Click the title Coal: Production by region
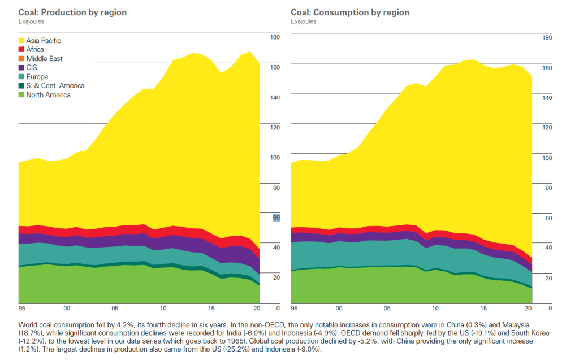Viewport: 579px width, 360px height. (72, 12)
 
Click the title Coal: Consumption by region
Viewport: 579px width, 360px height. (350, 12)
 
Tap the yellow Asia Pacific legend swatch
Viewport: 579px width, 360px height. (21, 41)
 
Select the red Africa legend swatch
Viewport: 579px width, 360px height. (21, 50)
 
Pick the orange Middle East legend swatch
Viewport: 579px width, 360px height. (21, 59)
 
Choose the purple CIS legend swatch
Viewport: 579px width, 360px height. (21, 68)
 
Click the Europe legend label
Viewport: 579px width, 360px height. (37, 77)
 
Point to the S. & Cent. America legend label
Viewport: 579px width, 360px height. (55, 86)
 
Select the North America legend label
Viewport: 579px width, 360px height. (48, 95)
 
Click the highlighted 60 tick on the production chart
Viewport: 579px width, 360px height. (276, 218)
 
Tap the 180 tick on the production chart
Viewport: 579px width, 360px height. (275, 37)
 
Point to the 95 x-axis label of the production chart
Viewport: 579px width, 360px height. (22, 309)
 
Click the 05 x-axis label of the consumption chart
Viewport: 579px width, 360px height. (387, 309)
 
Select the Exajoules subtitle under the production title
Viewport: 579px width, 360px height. (31, 21)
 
